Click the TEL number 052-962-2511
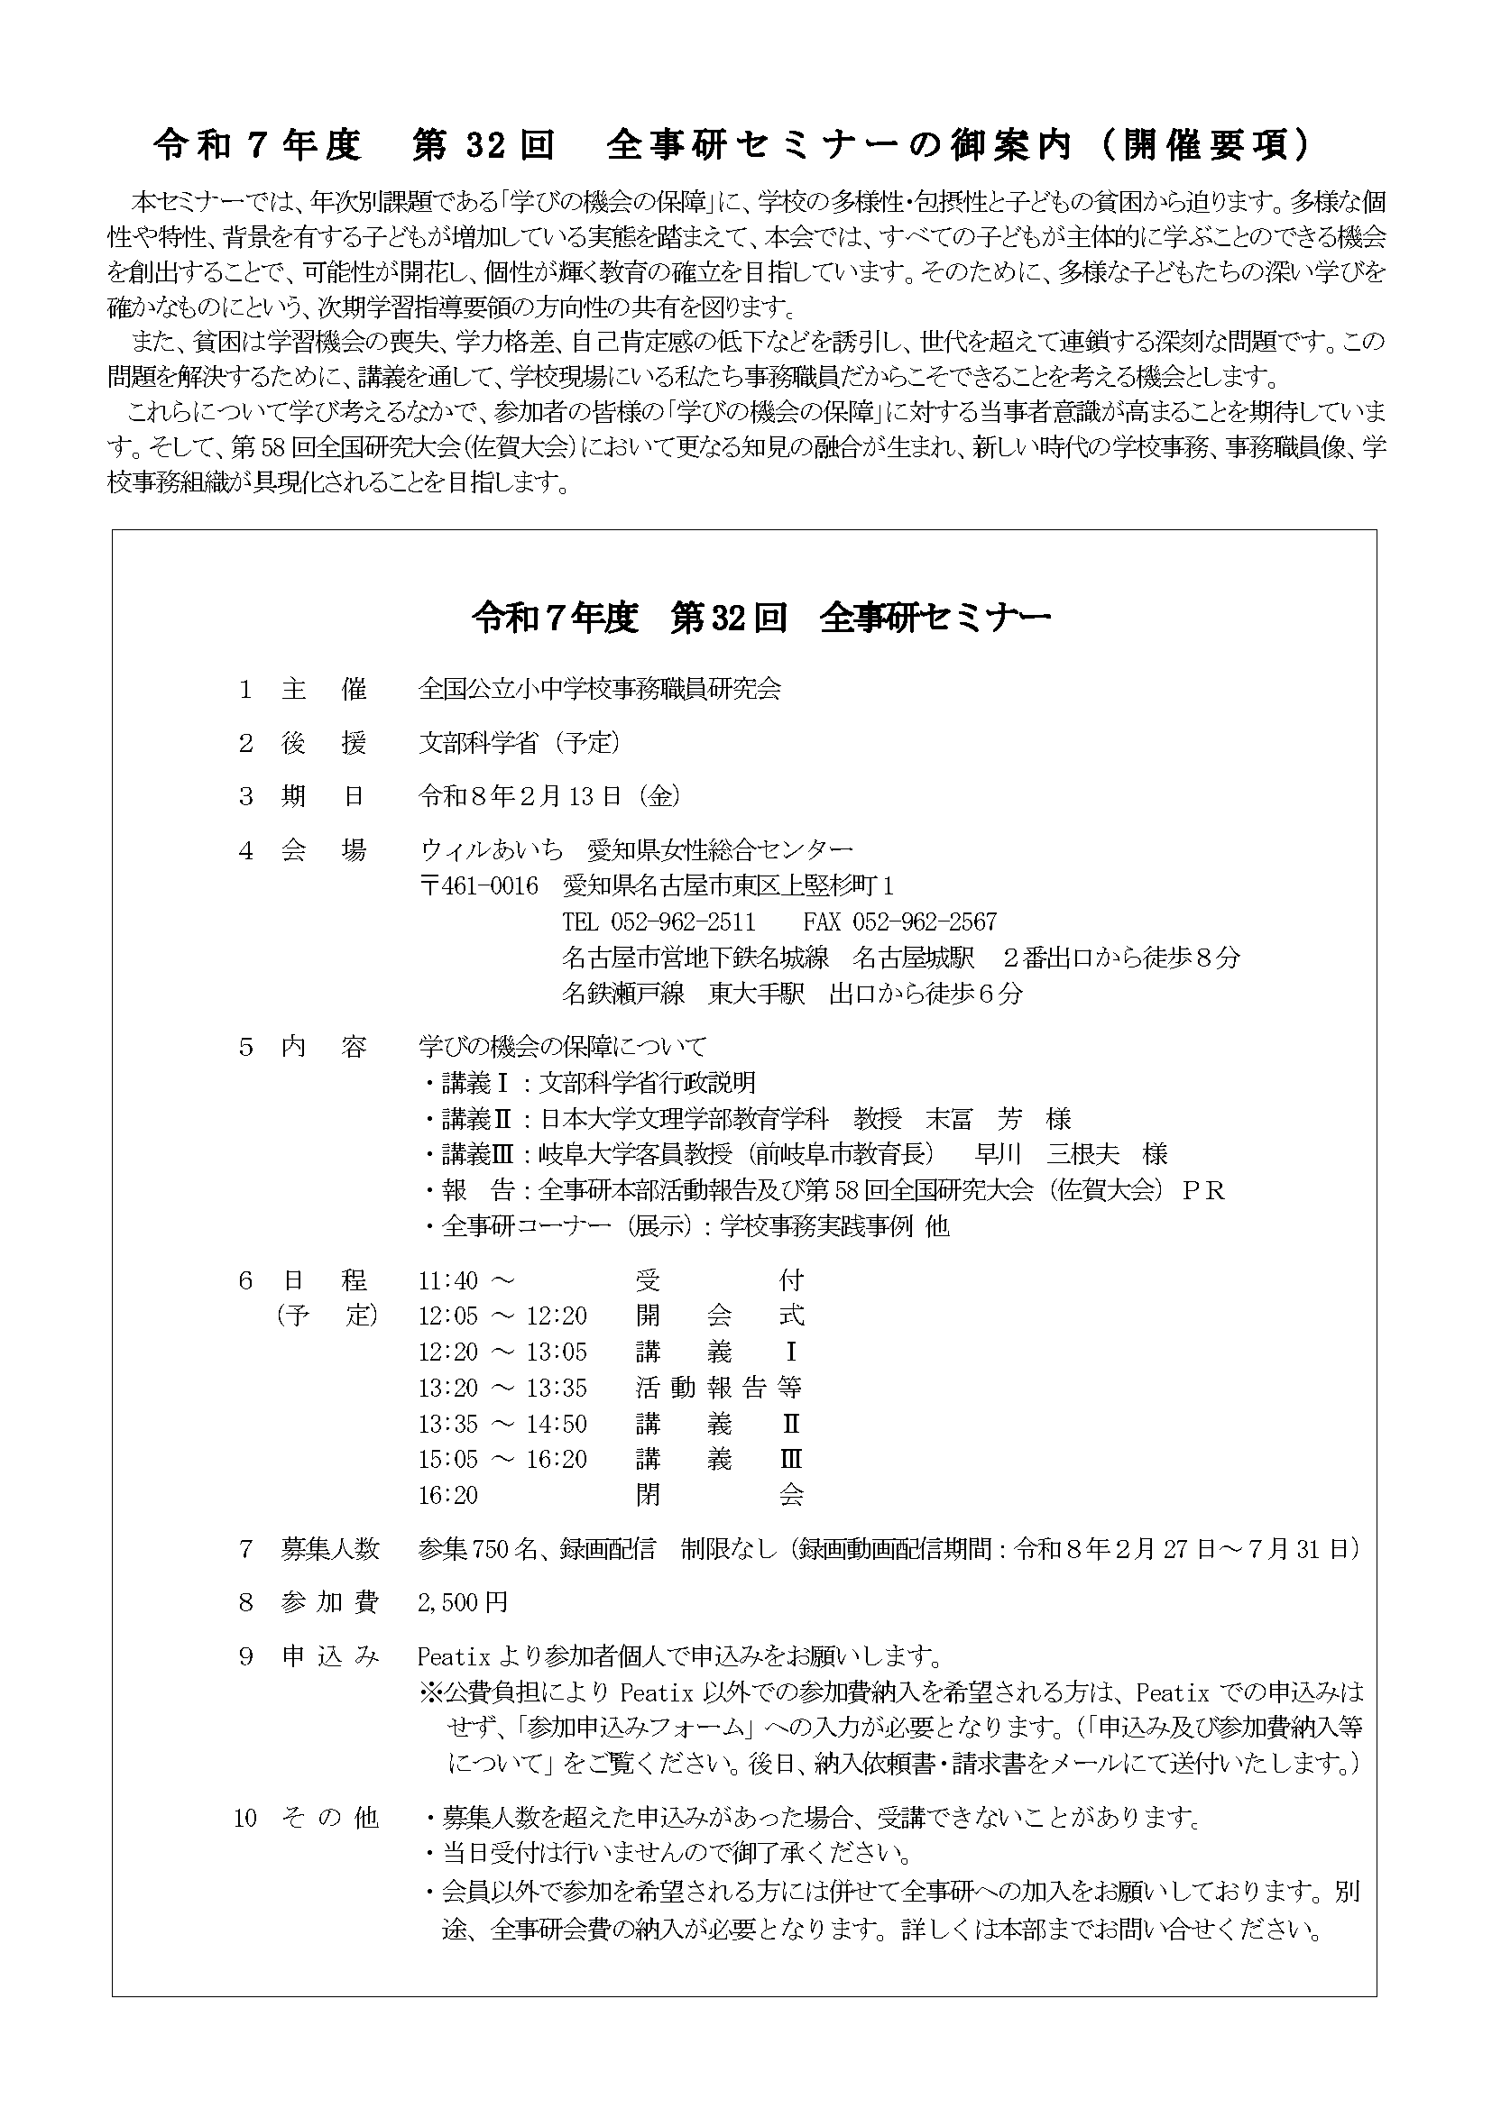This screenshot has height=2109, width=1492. pyautogui.click(x=659, y=922)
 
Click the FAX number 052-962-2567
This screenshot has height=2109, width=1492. pyautogui.click(x=899, y=922)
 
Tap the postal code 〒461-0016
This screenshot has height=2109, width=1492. pyautogui.click(x=478, y=885)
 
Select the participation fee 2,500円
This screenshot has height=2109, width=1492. pyautogui.click(x=462, y=1603)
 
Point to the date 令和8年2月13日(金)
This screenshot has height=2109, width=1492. pyautogui.click(x=549, y=796)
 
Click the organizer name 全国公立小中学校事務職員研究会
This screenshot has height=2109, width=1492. pyautogui.click(x=599, y=689)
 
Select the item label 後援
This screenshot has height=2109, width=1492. pyautogui.click(x=324, y=743)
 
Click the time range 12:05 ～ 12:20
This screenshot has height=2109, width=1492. pyautogui.click(x=502, y=1316)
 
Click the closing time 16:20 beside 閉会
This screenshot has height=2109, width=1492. pyautogui.click(x=448, y=1495)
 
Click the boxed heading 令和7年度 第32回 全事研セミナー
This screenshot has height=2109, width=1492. pyautogui.click(x=760, y=619)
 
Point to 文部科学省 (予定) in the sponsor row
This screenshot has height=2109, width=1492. pyautogui.click(x=519, y=743)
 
